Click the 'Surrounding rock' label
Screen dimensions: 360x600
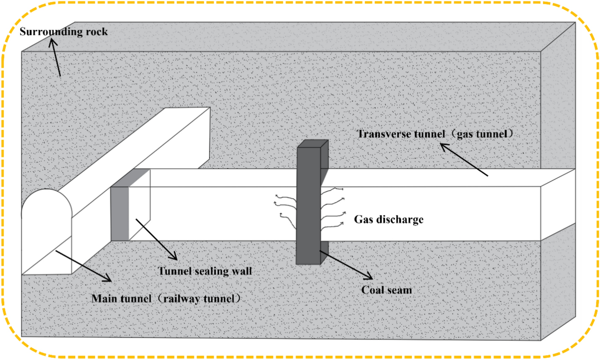click(64, 32)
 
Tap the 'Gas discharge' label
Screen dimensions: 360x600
click(389, 220)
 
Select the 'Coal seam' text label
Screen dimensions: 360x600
click(386, 290)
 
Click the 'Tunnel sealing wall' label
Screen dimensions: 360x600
click(205, 271)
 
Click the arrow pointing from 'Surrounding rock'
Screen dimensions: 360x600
click(55, 57)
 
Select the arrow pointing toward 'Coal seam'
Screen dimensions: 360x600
click(346, 265)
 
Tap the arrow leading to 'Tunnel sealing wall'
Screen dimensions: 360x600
click(156, 239)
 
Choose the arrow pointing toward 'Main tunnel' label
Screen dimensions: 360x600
click(83, 266)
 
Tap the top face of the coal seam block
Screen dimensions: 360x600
click(313, 143)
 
